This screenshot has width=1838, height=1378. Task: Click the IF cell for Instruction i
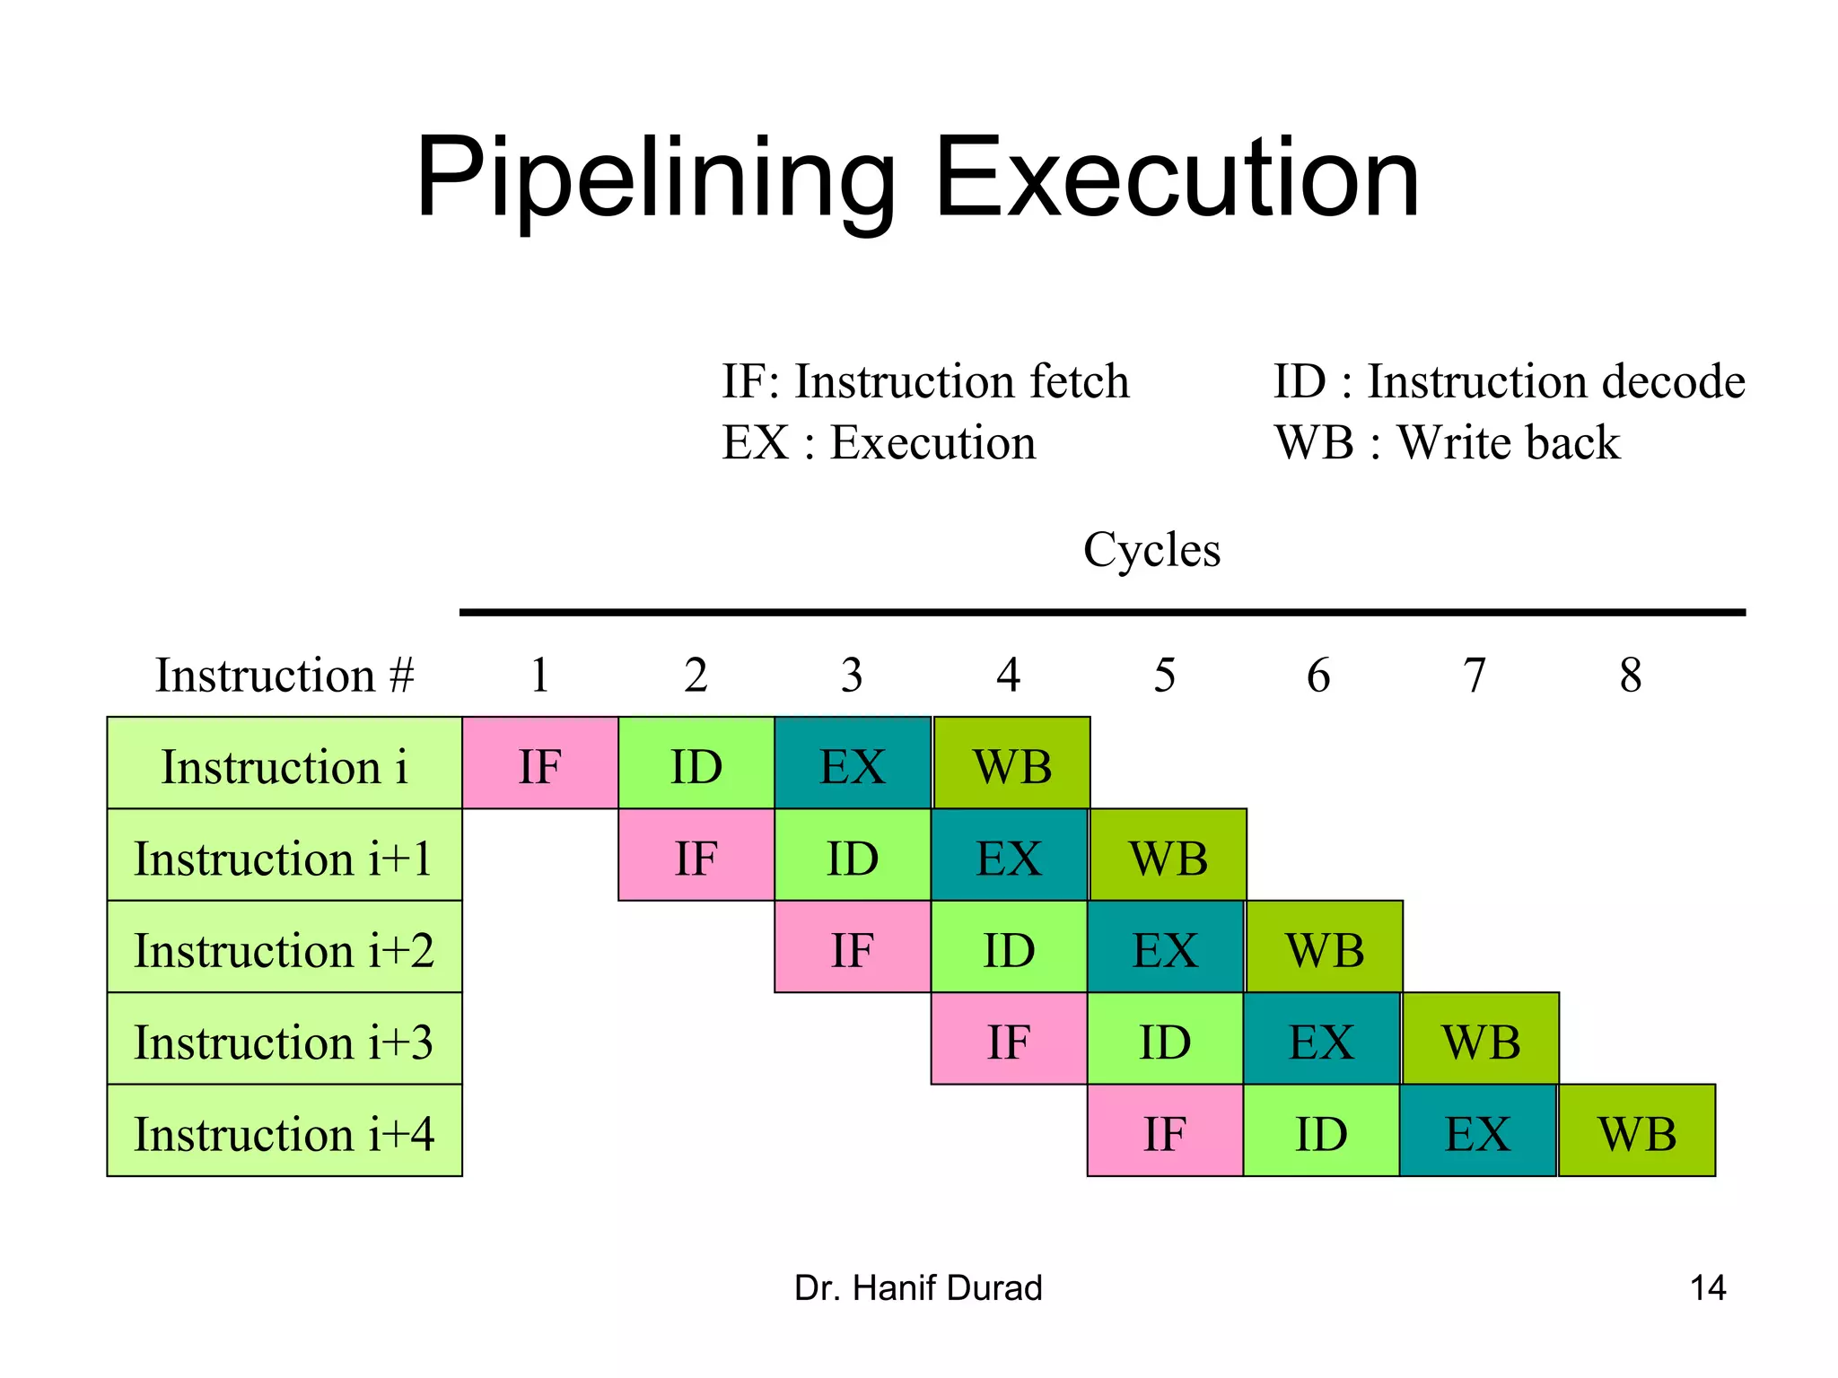pyautogui.click(x=539, y=763)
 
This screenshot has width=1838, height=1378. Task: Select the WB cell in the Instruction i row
pyautogui.click(x=1011, y=763)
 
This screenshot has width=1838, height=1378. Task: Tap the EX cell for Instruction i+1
pyautogui.click(x=1009, y=856)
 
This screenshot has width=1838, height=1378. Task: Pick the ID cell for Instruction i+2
pyautogui.click(x=1009, y=947)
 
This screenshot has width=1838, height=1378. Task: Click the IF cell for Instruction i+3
pyautogui.click(x=1009, y=1040)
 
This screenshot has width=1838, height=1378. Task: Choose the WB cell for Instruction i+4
pyautogui.click(x=1637, y=1131)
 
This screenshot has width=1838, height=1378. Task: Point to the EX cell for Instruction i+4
pyautogui.click(x=1478, y=1131)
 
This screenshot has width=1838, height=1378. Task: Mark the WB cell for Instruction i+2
pyautogui.click(x=1325, y=947)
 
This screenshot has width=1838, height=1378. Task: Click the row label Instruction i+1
pyautogui.click(x=284, y=856)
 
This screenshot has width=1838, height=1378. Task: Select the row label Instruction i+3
pyautogui.click(x=284, y=1040)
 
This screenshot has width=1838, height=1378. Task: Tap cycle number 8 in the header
pyautogui.click(x=1631, y=675)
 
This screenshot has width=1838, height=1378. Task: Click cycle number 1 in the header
pyautogui.click(x=539, y=675)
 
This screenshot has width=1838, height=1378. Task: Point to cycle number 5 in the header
pyautogui.click(x=1164, y=675)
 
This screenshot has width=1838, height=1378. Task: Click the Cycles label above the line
pyautogui.click(x=1151, y=549)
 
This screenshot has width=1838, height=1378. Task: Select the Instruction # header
pyautogui.click(x=284, y=675)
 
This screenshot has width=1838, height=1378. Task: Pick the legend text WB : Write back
pyautogui.click(x=1447, y=442)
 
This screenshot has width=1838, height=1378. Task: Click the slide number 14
pyautogui.click(x=1707, y=1287)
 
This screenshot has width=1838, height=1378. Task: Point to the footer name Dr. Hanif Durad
pyautogui.click(x=918, y=1287)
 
